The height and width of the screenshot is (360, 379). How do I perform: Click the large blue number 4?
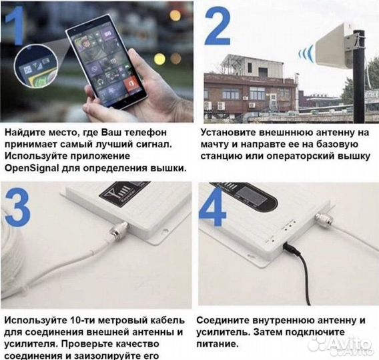click(x=216, y=208)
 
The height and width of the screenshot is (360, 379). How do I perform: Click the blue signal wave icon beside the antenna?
click(x=306, y=54)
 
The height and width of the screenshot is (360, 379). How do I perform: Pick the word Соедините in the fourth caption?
click(x=224, y=321)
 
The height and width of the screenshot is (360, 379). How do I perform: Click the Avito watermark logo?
click(x=340, y=343)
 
